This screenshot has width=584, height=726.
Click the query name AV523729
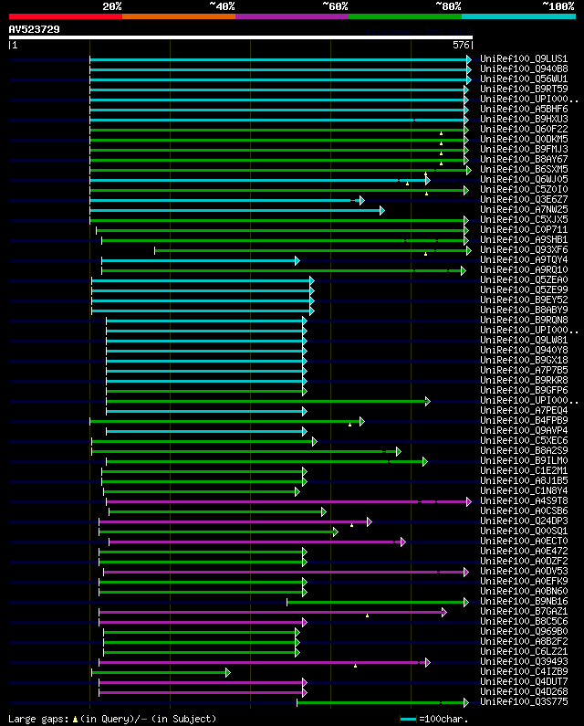(35, 29)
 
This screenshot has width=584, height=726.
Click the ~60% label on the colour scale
(335, 6)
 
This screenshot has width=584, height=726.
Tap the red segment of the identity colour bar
(65, 16)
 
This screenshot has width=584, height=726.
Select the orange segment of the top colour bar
(178, 16)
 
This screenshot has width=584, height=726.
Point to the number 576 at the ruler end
(460, 45)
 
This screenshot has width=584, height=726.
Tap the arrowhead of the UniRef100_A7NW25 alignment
(381, 210)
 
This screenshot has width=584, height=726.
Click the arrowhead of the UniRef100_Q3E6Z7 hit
(361, 200)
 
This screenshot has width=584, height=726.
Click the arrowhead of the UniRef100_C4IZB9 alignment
(227, 672)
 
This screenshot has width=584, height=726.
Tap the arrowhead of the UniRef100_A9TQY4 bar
(297, 260)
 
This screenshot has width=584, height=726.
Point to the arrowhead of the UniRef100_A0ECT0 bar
(402, 542)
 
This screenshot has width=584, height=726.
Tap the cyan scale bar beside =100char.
(408, 719)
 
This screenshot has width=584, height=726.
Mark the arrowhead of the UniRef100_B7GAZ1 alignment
(444, 612)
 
